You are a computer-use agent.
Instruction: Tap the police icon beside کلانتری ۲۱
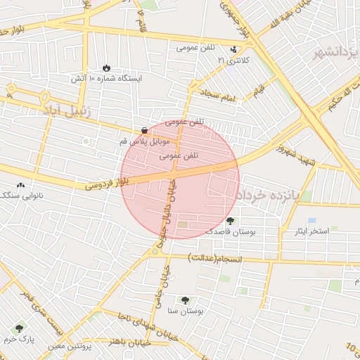coord(233,50)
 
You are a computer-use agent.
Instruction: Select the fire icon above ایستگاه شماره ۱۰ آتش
coord(106,67)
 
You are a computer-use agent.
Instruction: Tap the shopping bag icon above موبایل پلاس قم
coord(144,130)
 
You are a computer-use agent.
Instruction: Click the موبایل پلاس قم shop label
coord(143,141)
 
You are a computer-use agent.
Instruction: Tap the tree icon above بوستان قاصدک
coord(230,221)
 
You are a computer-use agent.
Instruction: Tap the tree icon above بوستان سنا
coord(186,300)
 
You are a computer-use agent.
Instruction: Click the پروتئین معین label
coord(70,346)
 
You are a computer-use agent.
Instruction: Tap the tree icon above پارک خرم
coord(18,328)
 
